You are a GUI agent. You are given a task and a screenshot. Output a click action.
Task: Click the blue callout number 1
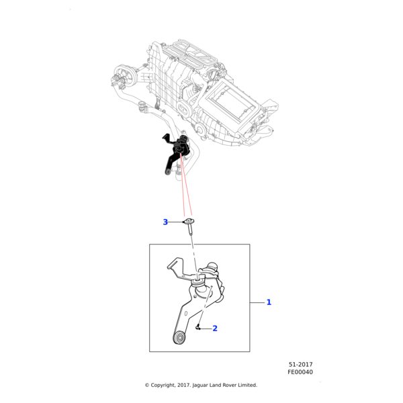(269, 302)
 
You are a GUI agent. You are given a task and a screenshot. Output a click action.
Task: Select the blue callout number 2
(215, 328)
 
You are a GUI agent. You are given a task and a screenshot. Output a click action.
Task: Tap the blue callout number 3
(165, 222)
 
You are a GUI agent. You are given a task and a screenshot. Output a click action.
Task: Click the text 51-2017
(300, 365)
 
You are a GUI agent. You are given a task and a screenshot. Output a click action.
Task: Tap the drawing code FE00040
(300, 372)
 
